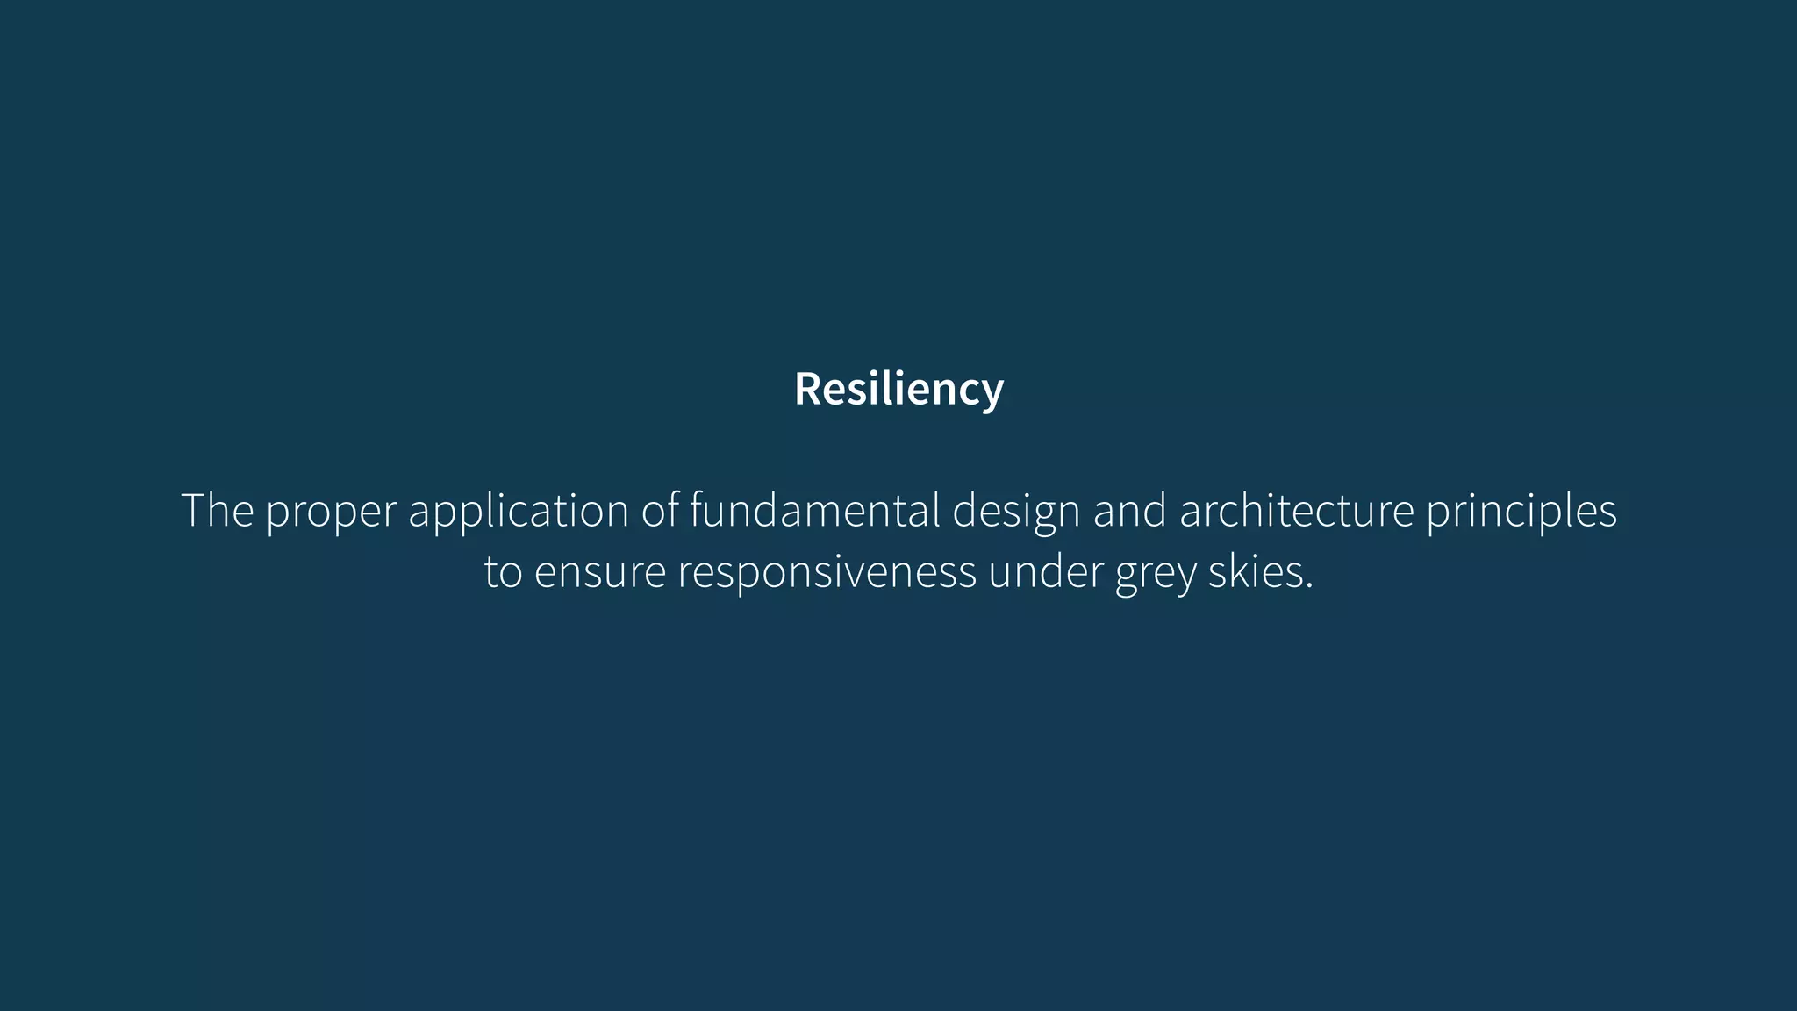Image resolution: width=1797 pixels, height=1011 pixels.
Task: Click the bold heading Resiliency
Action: point(898,389)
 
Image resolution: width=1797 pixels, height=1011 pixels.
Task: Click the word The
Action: point(217,510)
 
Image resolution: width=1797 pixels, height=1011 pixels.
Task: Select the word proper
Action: point(331,512)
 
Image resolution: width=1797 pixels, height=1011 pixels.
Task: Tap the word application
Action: point(519,512)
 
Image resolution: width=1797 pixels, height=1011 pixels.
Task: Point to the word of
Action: point(658,510)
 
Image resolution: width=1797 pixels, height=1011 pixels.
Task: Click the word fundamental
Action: point(814,510)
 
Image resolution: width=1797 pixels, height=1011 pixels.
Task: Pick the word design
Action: point(1016,512)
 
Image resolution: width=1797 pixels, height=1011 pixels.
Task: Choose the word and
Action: point(1130,510)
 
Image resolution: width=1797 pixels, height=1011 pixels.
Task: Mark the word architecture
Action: point(1297,510)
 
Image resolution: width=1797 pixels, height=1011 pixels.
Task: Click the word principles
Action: point(1521,512)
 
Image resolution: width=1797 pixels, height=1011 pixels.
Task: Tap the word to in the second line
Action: point(503,572)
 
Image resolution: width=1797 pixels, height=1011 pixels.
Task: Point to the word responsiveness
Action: point(827,572)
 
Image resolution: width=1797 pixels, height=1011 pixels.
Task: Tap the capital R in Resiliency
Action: point(808,389)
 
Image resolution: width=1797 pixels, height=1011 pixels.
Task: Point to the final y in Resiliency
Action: point(992,393)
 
